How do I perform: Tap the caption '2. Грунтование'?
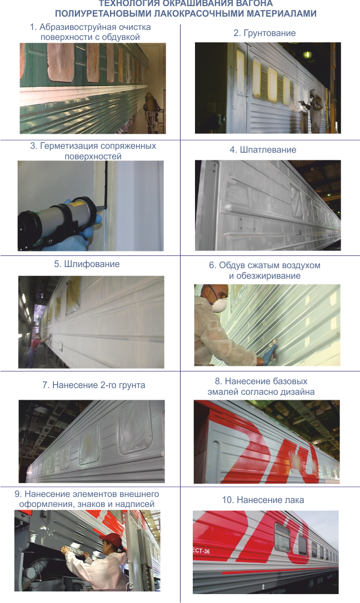[264, 33]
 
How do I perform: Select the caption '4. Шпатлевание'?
[263, 150]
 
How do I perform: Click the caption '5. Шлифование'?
[87, 264]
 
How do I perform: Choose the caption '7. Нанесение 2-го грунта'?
[93, 385]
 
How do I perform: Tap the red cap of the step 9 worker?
[113, 539]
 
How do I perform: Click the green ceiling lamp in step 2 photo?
[306, 54]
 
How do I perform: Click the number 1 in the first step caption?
[32, 27]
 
